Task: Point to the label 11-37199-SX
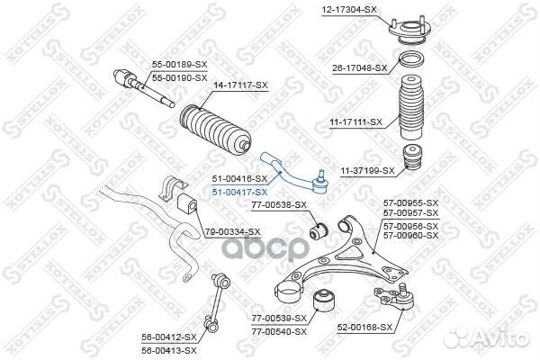(x=367, y=169)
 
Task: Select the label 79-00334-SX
(x=232, y=231)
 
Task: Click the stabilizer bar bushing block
(x=186, y=202)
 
